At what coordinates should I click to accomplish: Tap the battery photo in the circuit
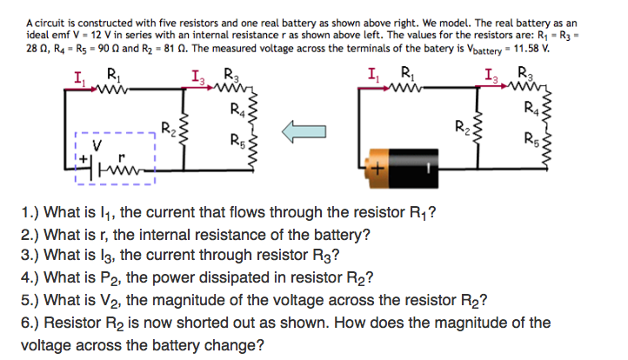coord(404,164)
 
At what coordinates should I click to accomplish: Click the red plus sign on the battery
coord(378,170)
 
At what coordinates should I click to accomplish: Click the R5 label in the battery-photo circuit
coord(529,136)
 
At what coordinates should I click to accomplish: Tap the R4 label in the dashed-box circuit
coord(237,108)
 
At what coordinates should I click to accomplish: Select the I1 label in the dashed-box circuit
coord(79,80)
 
